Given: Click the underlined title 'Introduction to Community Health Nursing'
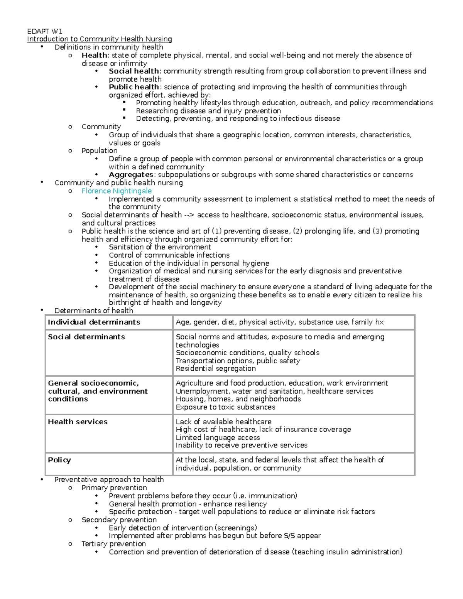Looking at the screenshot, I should coord(100,39).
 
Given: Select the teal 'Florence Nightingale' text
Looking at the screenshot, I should coord(117,191).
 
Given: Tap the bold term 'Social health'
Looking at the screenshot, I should coord(134,71).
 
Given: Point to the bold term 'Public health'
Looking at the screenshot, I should coord(134,87).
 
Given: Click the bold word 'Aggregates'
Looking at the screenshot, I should coord(132,175).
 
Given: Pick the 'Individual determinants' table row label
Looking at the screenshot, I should coord(94,322).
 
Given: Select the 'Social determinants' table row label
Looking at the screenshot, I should coord(86,337).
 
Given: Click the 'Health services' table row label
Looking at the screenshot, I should coord(78,422).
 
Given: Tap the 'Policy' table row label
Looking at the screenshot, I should coord(59,460).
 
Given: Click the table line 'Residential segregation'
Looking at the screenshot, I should coord(216,368).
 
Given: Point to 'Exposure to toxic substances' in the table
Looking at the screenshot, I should coord(225,407).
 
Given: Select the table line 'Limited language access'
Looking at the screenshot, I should coord(218,437).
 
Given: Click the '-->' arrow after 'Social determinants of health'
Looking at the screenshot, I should coord(189,215).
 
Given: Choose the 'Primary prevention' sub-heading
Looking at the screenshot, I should coord(114,488).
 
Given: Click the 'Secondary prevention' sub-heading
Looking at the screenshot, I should coord(119,520).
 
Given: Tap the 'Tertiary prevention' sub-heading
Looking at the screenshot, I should coord(113,544).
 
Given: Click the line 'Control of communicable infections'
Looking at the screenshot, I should coord(169,255).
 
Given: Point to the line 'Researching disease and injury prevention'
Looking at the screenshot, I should coord(208,111).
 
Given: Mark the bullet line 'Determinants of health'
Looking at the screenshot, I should coord(94,310).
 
